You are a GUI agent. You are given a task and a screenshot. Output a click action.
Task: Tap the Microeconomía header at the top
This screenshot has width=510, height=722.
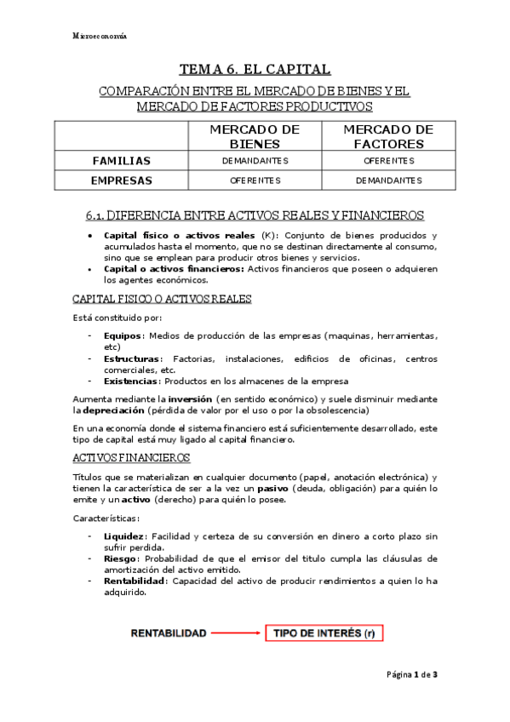(x=100, y=37)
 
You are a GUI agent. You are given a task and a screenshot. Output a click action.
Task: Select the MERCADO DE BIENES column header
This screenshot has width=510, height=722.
(x=255, y=136)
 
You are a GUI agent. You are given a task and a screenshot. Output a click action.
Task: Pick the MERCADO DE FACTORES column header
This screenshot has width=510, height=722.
(x=388, y=136)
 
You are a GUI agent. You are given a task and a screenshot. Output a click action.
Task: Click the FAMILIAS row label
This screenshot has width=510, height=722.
(x=122, y=160)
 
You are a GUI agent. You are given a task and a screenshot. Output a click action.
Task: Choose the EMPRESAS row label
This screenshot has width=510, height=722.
(x=122, y=180)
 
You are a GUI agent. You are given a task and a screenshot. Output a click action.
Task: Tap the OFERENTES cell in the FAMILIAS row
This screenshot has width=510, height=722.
(x=388, y=160)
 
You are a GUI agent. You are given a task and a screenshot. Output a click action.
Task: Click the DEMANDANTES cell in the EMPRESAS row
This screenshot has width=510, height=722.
(x=388, y=180)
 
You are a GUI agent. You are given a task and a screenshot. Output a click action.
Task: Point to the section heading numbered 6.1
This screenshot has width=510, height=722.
(x=255, y=215)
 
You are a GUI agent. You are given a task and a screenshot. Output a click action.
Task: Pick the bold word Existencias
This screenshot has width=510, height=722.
(x=129, y=381)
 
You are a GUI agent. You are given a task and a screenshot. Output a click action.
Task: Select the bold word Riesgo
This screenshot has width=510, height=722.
(x=119, y=559)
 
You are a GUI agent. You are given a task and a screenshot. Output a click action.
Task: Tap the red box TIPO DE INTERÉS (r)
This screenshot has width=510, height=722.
(x=324, y=633)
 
